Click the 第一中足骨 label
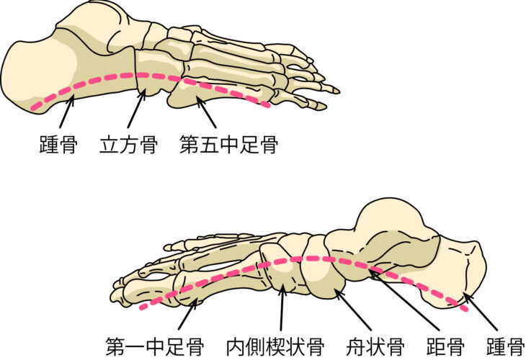[153, 344]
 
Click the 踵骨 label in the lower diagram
[505, 344]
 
